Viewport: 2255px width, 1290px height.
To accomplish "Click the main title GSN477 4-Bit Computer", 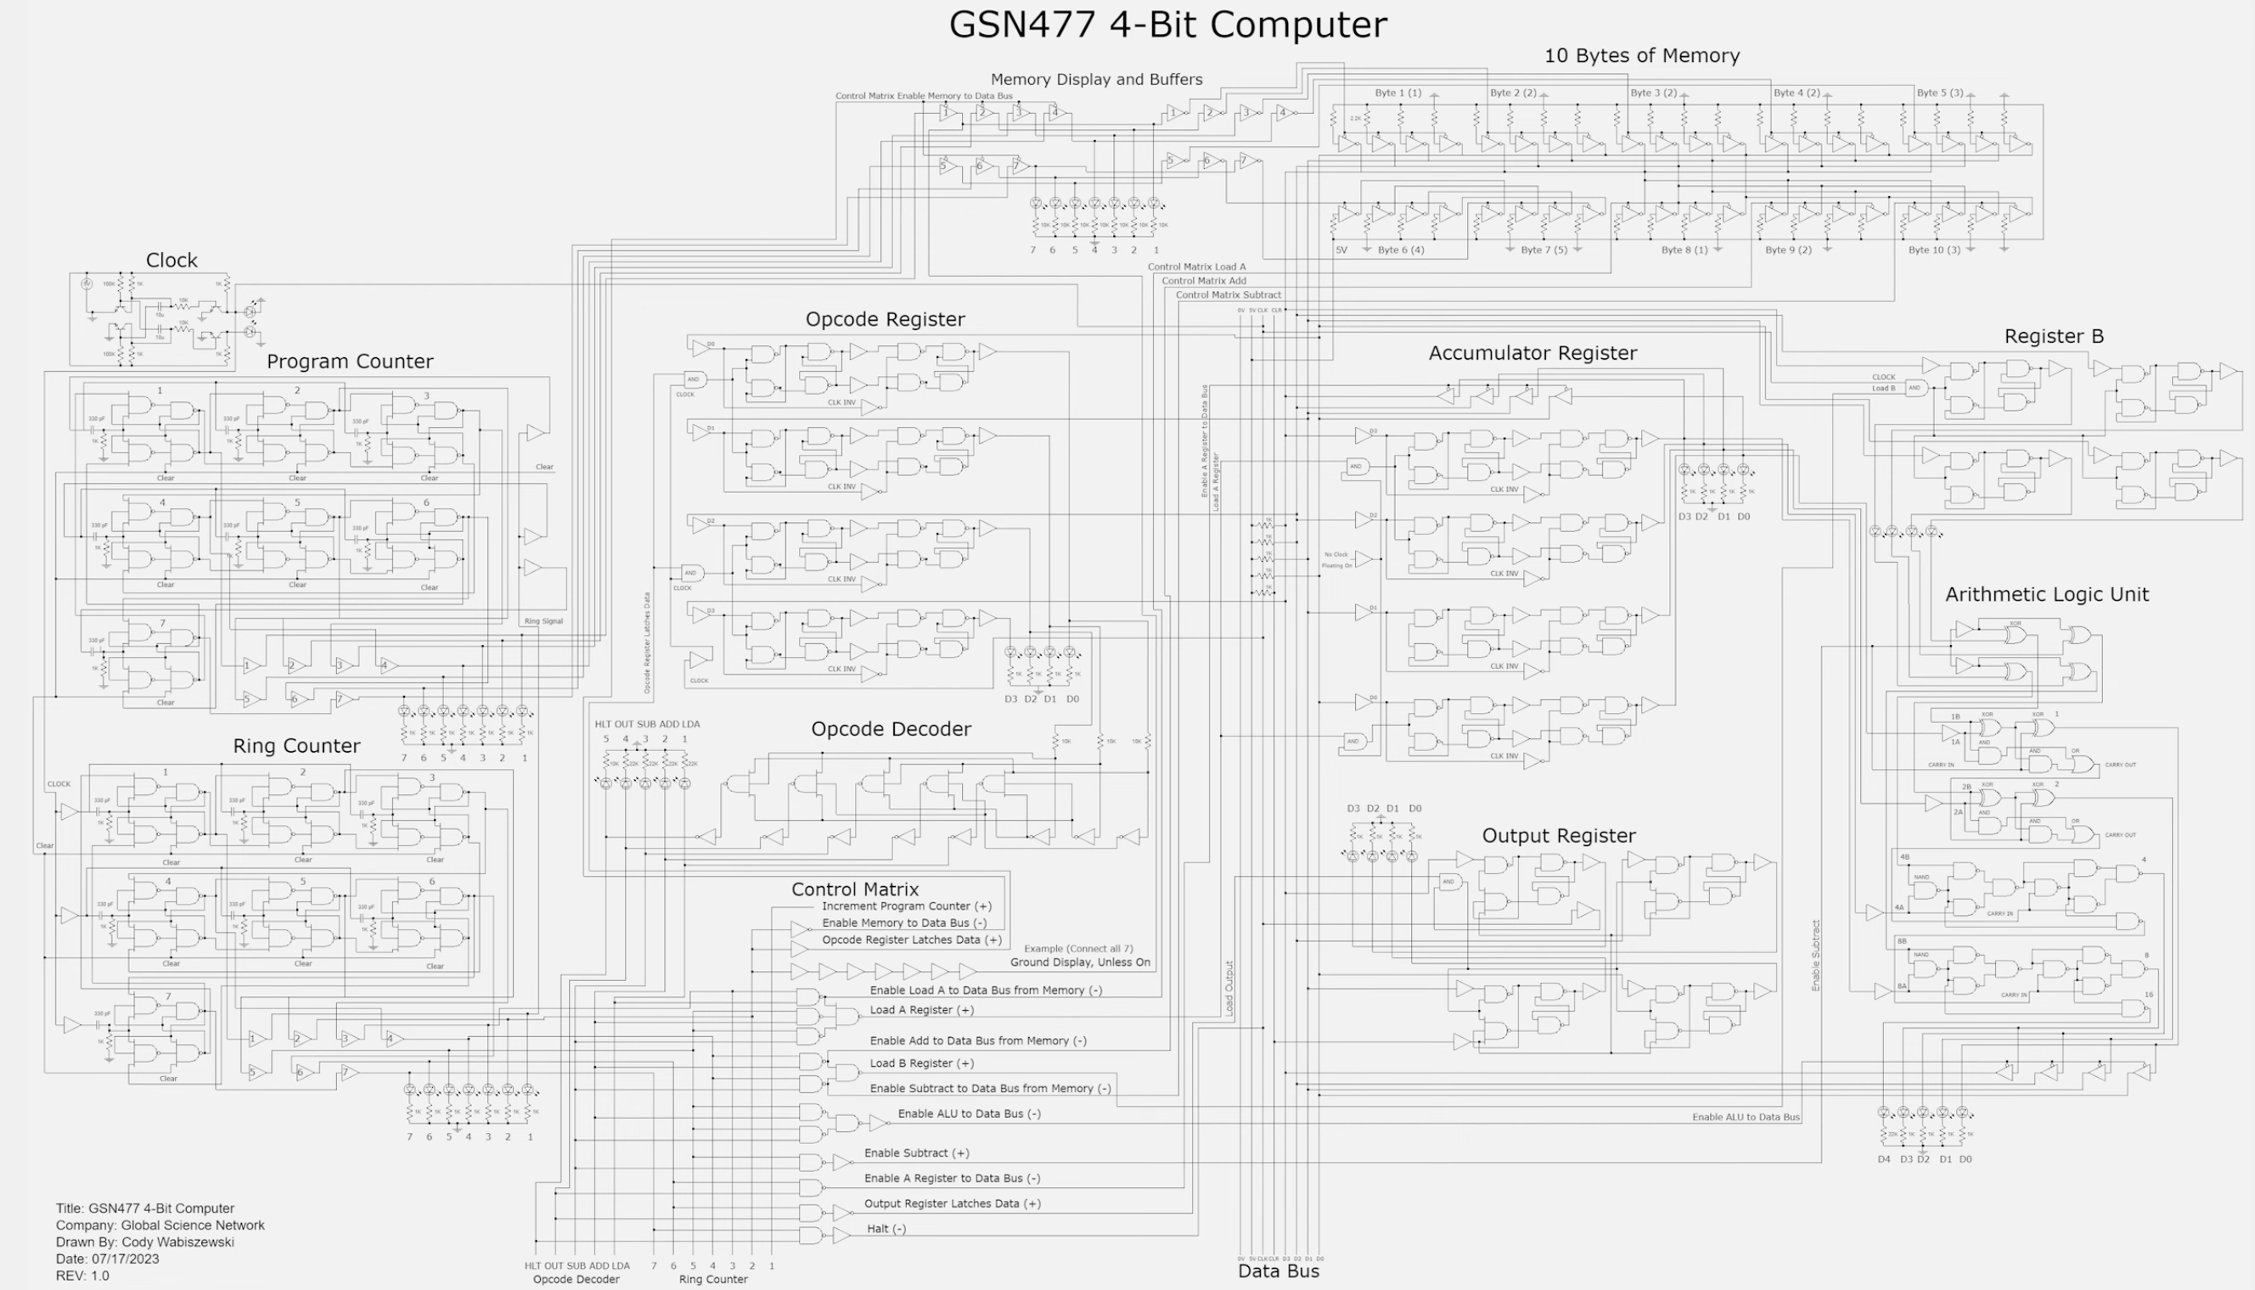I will tap(1167, 25).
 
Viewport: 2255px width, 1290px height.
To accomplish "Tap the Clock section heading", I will tap(171, 261).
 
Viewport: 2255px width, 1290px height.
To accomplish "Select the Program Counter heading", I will tap(349, 362).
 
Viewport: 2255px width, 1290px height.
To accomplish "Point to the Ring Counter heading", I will tap(296, 746).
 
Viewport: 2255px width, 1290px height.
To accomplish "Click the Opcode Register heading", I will tap(885, 319).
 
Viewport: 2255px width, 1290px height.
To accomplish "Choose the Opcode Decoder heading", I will tap(891, 729).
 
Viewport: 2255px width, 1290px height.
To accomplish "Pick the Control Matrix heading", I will tap(854, 889).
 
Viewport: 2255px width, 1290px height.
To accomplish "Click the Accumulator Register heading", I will tap(1532, 352).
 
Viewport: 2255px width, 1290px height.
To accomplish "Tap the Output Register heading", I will tap(1558, 835).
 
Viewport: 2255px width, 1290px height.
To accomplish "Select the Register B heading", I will tap(2053, 337).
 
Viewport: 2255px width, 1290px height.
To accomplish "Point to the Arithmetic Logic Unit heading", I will tap(2046, 594).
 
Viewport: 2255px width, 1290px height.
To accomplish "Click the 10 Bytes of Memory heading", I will tap(1641, 56).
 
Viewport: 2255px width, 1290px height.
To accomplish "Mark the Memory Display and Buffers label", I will tap(1096, 80).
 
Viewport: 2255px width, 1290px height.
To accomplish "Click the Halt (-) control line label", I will tap(886, 1229).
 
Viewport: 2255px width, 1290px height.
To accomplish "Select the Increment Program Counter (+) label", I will tap(907, 906).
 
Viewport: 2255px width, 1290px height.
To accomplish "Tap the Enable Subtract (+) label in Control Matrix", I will tap(916, 1153).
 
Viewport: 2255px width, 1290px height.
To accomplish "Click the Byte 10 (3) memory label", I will tap(1933, 250).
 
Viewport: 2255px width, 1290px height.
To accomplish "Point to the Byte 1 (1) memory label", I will tap(1397, 93).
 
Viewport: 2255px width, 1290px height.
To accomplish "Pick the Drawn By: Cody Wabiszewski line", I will tap(144, 1242).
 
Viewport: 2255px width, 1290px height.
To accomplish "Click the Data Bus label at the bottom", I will tap(1278, 1271).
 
